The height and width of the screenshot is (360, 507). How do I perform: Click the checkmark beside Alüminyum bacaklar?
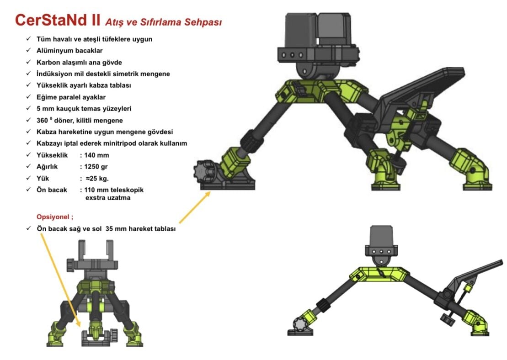pyautogui.click(x=29, y=50)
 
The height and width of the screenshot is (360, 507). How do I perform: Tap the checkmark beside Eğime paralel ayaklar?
pyautogui.click(x=29, y=97)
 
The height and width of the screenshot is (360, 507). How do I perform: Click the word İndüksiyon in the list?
pyautogui.click(x=54, y=74)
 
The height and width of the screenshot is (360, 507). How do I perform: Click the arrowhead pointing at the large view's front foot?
pyautogui.click(x=208, y=193)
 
